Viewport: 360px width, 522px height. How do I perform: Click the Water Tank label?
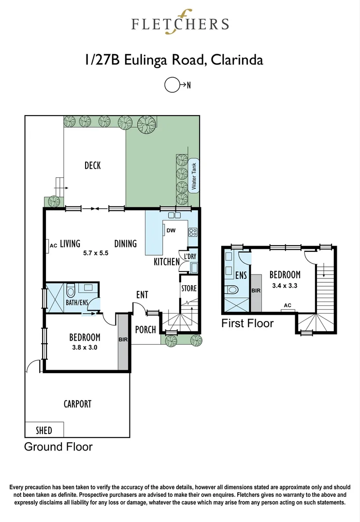[194, 176]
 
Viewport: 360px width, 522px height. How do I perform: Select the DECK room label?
[92, 166]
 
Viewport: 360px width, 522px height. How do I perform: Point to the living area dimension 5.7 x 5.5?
[97, 252]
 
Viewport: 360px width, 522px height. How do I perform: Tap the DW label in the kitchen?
[171, 231]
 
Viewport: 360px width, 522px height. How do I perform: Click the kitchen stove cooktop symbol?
[192, 232]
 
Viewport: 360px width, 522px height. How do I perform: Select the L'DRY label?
[187, 256]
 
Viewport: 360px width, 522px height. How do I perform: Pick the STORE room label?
[188, 289]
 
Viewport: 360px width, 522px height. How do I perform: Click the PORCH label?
[145, 330]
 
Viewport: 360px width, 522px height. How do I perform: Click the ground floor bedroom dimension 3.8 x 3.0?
[85, 347]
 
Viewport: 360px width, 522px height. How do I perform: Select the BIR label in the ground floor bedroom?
[123, 340]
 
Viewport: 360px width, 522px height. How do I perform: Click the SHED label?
[43, 430]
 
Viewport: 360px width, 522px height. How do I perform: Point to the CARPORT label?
[77, 404]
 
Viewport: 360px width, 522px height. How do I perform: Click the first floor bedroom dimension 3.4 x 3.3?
[285, 285]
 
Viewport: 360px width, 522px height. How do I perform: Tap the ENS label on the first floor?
[241, 276]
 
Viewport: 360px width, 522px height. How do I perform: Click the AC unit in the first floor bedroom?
[287, 305]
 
